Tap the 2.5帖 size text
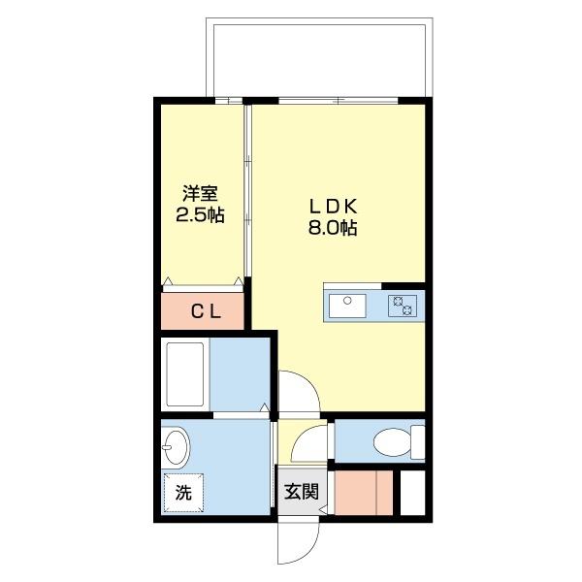point(199,214)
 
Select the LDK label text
point(334,207)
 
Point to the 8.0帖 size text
point(334,229)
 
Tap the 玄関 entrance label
point(301,491)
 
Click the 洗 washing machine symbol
point(183,492)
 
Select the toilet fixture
point(392,442)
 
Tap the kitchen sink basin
point(344,306)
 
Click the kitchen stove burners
point(403,306)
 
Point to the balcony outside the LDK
point(317,57)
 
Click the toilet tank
point(418,442)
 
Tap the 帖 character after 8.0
point(348,229)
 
